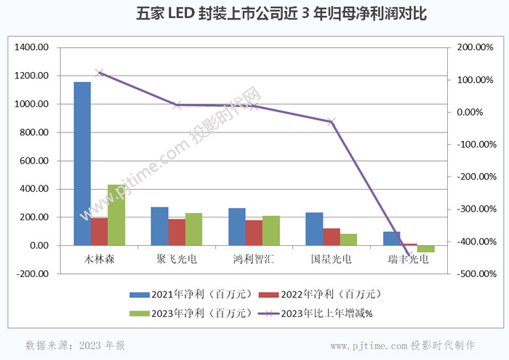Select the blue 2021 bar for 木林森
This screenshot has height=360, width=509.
pos(82,164)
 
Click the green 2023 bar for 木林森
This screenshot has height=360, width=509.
pos(116,215)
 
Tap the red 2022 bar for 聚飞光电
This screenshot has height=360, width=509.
pos(177,232)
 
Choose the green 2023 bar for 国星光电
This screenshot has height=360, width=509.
pos(348,239)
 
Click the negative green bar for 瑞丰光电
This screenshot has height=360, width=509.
pos(425,249)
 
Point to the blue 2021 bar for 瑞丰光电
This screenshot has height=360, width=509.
pos(391,239)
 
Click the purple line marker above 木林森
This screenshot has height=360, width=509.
pos(100,73)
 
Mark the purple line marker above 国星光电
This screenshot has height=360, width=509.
pos(332,121)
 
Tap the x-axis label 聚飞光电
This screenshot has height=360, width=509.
pos(177,258)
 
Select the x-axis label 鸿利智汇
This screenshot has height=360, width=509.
pos(254,258)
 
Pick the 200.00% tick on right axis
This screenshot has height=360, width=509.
pos(476,47)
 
